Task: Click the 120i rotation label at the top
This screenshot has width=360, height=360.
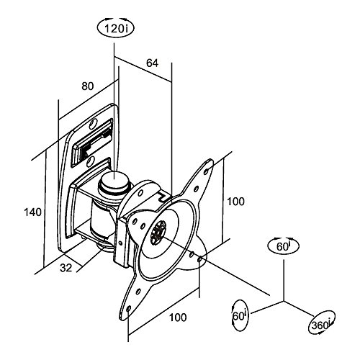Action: pyautogui.click(x=115, y=29)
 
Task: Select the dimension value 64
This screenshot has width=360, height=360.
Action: pyautogui.click(x=153, y=63)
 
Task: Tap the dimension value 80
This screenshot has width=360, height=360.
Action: pyautogui.click(x=88, y=86)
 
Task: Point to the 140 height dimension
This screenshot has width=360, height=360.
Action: pyautogui.click(x=32, y=212)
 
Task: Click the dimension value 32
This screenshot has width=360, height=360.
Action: pyautogui.click(x=66, y=268)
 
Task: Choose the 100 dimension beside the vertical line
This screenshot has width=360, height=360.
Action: pyautogui.click(x=235, y=202)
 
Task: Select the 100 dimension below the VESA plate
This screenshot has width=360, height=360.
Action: pyautogui.click(x=178, y=318)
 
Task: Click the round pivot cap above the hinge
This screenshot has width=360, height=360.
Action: pyautogui.click(x=114, y=181)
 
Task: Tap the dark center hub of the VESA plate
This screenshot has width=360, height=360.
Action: pyautogui.click(x=158, y=233)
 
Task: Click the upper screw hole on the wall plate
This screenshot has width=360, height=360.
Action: pyautogui.click(x=93, y=123)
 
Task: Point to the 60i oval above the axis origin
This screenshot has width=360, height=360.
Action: pyautogui.click(x=284, y=246)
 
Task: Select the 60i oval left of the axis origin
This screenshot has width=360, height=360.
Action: pyautogui.click(x=240, y=315)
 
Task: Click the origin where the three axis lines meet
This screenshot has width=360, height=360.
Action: pyautogui.click(x=284, y=301)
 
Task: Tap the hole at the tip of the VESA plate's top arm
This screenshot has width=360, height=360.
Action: pyautogui.click(x=206, y=172)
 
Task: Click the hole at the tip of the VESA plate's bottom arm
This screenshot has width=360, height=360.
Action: pyautogui.click(x=128, y=308)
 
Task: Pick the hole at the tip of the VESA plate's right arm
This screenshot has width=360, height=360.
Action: pyautogui.click(x=199, y=259)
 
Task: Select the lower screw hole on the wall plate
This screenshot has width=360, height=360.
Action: pyautogui.click(x=90, y=161)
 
